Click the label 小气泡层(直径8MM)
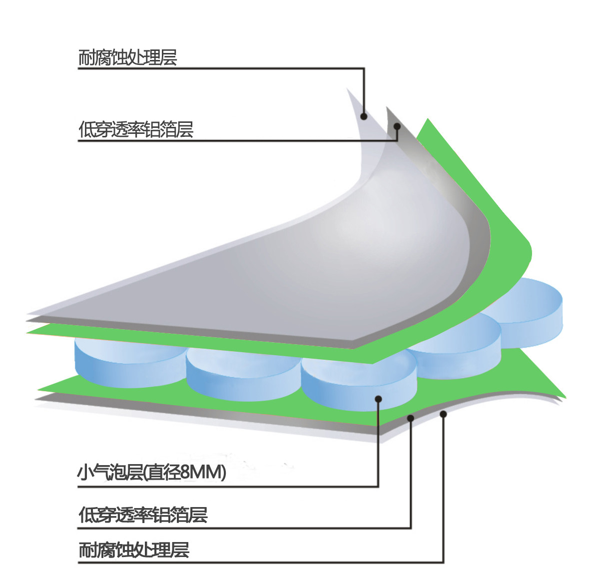151,472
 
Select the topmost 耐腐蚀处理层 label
127,58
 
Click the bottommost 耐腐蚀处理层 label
134,550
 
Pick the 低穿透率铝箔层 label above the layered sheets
135,130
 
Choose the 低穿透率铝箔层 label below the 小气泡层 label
143,515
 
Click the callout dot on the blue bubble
378,399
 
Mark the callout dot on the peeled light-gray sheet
364,116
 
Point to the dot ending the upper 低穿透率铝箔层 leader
398,126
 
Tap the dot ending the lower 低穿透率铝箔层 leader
411,418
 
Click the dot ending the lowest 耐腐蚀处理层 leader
443,414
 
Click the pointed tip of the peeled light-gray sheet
348,89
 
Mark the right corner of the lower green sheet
565,397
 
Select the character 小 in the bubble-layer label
84,472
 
